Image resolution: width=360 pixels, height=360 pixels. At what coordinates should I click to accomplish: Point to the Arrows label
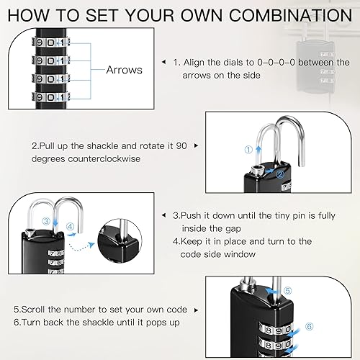coord(125,71)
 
